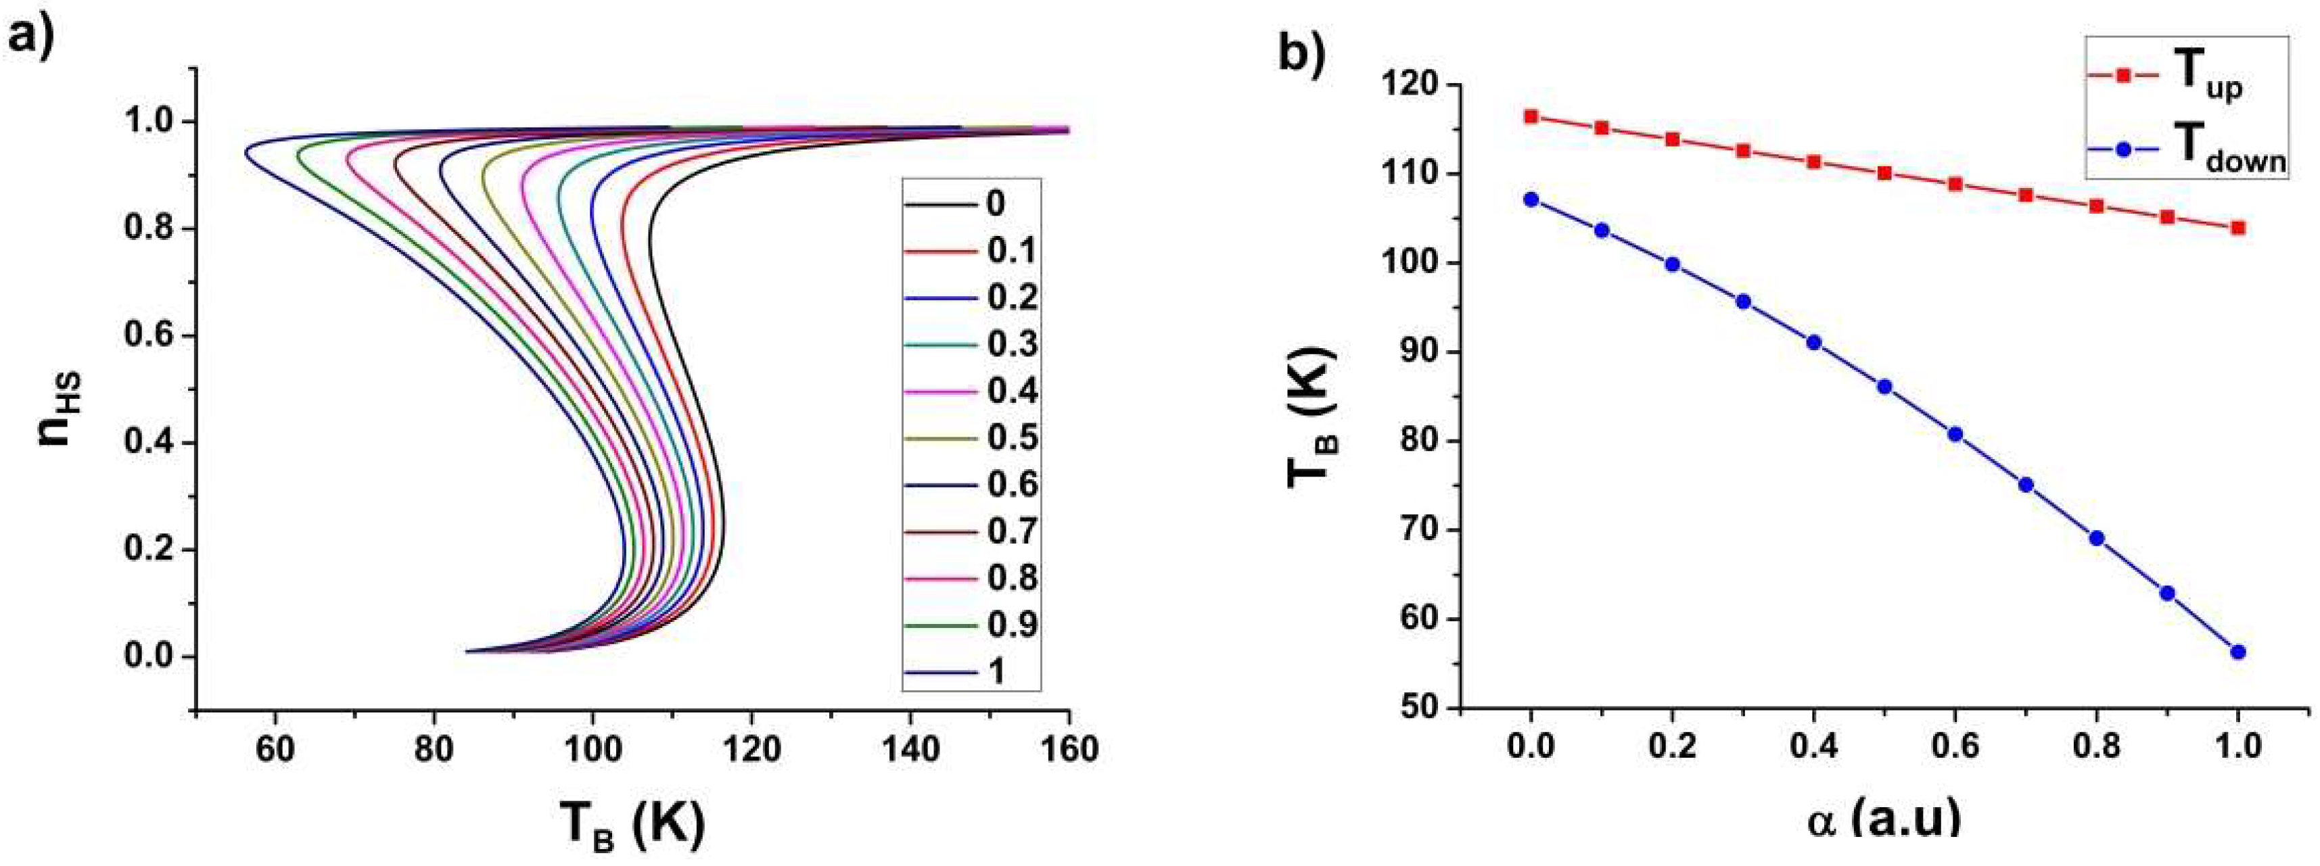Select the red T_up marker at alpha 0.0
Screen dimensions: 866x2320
[1531, 116]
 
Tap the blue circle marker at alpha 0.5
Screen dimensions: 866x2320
[1884, 386]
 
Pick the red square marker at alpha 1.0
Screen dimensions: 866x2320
[2237, 228]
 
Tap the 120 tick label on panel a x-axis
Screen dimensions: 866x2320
[750, 748]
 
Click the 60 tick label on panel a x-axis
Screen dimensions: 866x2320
[275, 748]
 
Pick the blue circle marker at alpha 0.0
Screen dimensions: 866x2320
[1531, 199]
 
